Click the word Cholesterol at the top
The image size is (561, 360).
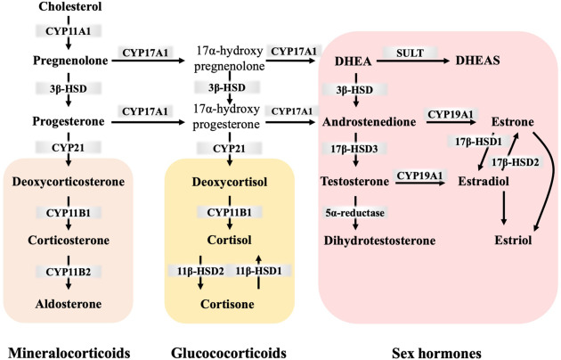coord(69,8)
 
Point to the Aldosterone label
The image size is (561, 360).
coord(69,304)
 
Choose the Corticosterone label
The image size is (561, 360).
coord(69,241)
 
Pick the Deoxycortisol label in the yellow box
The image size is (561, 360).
coord(229,182)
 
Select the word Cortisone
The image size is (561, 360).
coord(229,304)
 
